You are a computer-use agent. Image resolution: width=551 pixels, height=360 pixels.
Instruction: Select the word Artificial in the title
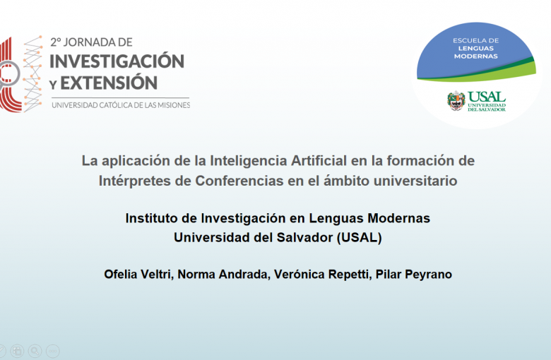(319, 160)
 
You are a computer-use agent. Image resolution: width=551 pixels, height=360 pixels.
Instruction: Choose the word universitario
(415, 181)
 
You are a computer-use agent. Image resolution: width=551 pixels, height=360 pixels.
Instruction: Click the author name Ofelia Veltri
(138, 275)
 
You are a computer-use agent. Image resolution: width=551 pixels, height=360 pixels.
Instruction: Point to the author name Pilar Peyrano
(413, 275)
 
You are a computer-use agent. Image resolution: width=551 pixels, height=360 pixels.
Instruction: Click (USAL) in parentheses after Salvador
(359, 238)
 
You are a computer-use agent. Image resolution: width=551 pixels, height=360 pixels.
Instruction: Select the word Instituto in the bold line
(151, 218)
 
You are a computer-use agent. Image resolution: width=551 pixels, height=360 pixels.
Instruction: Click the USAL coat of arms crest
(456, 101)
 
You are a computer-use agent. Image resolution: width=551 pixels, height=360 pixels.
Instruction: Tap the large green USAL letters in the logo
(486, 97)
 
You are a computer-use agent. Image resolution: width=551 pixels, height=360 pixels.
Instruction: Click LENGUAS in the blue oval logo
(476, 49)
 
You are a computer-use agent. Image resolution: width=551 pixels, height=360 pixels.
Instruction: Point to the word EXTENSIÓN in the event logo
(109, 83)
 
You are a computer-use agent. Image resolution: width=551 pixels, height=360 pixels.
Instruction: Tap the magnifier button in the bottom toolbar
(35, 351)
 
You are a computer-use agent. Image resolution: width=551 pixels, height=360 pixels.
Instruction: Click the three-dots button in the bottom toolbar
(53, 351)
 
